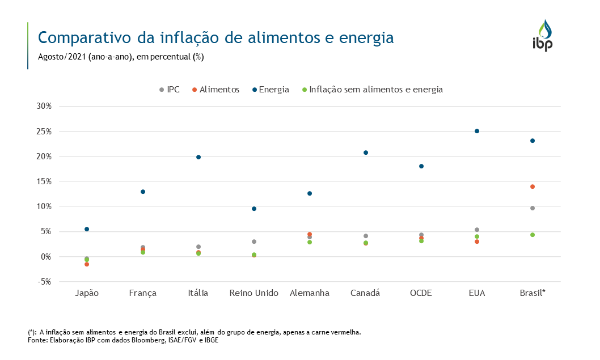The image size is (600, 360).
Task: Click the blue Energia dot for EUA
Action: (477, 131)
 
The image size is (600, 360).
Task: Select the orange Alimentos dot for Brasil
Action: (533, 187)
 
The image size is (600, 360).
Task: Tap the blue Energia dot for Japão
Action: (87, 229)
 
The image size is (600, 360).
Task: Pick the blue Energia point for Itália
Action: (198, 157)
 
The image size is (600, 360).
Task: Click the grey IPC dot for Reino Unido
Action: (254, 242)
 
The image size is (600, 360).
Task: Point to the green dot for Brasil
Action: (533, 235)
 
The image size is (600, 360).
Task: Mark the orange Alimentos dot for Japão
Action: (87, 264)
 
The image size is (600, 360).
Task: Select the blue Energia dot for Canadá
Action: (366, 153)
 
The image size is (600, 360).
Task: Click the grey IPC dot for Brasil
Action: (533, 208)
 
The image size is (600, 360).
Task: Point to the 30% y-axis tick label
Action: (44, 106)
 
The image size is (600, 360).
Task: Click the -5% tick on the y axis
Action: (44, 282)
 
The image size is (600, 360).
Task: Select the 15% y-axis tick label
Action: (44, 181)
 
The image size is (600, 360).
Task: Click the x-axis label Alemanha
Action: (310, 293)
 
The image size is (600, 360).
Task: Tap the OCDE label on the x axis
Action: (421, 293)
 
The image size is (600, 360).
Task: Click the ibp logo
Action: (542, 36)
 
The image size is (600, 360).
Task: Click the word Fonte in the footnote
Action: (37, 340)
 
